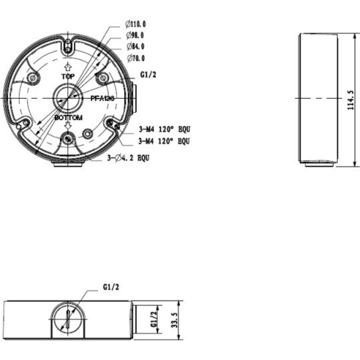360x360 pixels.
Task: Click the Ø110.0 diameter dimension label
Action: point(136,25)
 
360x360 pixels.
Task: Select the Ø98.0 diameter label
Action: point(135,35)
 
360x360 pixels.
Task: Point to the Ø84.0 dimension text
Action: point(135,46)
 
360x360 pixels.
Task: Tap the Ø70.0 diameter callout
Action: point(135,57)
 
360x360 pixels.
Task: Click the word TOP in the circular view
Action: point(67,77)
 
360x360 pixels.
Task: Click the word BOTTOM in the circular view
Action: point(67,117)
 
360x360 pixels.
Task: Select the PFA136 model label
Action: point(103,98)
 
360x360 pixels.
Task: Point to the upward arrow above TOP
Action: point(67,68)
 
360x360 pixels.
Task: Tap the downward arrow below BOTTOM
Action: point(67,126)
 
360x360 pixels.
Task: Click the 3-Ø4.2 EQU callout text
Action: point(128,159)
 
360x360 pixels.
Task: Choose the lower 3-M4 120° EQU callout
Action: point(164,141)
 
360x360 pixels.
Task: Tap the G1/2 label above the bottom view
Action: point(111,287)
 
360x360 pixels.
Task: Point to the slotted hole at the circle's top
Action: point(68,46)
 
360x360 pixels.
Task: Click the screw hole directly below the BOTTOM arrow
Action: point(67,139)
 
